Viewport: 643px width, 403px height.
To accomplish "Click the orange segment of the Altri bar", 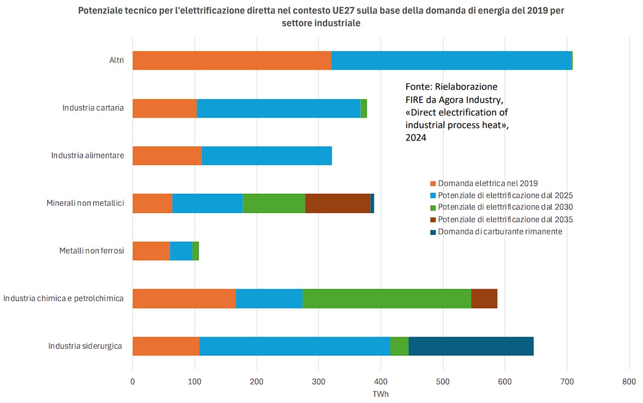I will tap(232, 60).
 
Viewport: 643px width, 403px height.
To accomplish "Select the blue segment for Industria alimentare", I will tap(266, 156).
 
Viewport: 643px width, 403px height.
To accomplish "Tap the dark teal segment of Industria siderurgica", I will tap(471, 346).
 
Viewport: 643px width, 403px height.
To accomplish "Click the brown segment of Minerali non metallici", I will tap(338, 203).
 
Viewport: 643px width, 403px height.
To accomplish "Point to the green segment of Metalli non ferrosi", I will tap(196, 251).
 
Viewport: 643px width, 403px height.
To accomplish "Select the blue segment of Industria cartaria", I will tap(278, 108).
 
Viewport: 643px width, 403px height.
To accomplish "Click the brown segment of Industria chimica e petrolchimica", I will tap(484, 298).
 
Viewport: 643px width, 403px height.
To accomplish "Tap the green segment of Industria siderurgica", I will tap(399, 346).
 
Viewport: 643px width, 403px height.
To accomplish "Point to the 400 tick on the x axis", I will tap(381, 381).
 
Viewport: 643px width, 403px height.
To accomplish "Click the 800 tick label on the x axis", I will tap(629, 381).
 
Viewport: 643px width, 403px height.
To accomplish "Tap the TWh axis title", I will tap(380, 394).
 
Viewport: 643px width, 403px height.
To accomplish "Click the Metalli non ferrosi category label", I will tap(92, 251).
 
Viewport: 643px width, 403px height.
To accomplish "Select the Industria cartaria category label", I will tap(93, 108).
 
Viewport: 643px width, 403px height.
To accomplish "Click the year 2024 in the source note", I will tap(416, 138).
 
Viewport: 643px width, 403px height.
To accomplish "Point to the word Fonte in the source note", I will tap(418, 87).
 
